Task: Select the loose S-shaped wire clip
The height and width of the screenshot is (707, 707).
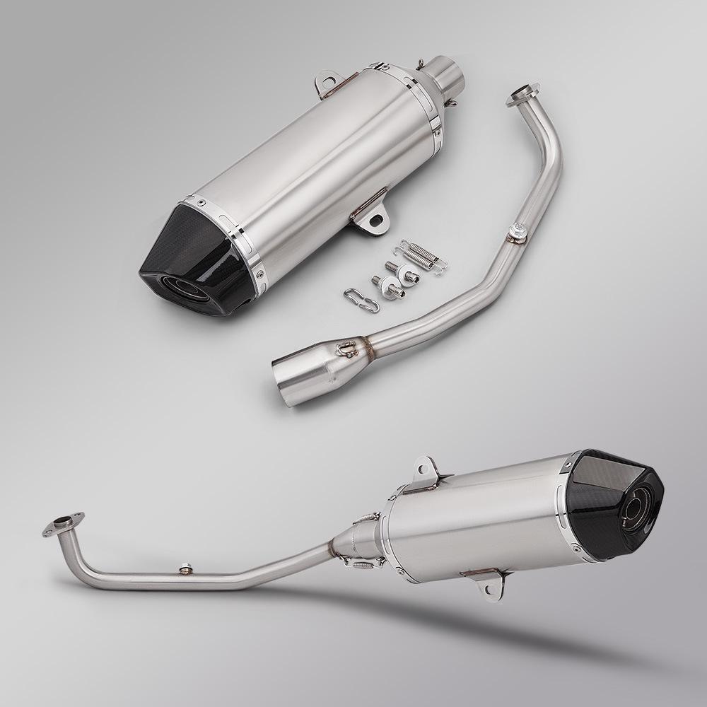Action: pyautogui.click(x=361, y=299)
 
